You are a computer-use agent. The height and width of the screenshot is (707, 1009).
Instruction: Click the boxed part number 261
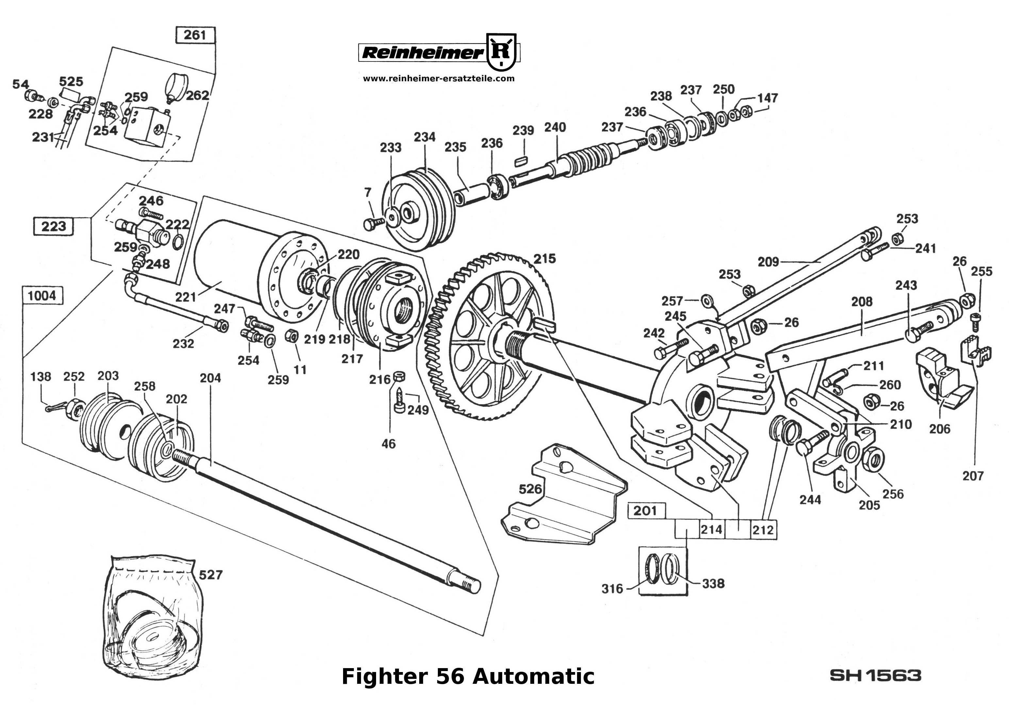195,35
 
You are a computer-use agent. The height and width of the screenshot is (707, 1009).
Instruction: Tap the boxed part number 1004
42,296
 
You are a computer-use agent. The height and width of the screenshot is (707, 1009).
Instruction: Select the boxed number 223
54,227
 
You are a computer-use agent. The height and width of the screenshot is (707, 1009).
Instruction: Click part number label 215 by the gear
544,259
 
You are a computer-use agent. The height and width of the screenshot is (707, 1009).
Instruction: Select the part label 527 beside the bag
211,575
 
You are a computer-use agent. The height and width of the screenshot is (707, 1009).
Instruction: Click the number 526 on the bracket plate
530,489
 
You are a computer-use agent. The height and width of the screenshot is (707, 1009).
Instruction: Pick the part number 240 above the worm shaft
555,127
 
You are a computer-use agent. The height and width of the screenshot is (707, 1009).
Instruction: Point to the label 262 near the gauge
197,95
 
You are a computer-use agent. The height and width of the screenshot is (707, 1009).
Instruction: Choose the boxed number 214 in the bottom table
711,530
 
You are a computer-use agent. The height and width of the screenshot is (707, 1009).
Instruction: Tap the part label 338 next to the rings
713,584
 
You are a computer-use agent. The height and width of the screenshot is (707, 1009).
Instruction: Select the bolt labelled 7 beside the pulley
370,224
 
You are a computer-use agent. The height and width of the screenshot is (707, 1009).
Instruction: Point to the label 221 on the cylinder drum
186,298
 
